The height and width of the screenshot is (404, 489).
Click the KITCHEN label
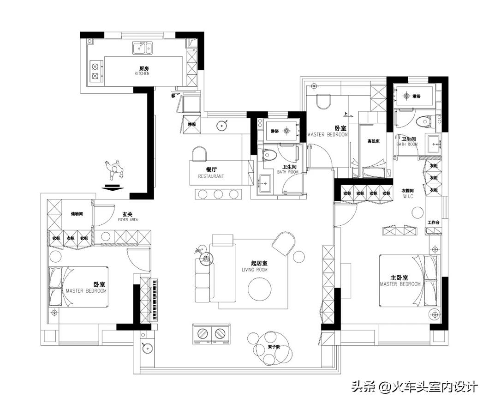point(142,73)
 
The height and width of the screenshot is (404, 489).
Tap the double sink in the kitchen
point(143,47)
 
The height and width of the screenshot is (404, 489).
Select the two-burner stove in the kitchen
point(95,70)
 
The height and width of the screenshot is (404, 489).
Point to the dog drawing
point(114,169)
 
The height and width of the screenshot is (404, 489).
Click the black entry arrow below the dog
point(113,187)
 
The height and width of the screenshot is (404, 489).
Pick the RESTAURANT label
point(211,176)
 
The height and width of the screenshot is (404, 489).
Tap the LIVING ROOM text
point(255,270)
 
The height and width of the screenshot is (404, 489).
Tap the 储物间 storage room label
point(77,214)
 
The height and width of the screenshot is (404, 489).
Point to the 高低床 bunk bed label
point(373,141)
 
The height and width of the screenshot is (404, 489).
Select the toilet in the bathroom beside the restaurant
point(269,154)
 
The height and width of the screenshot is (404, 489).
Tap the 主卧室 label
point(400,277)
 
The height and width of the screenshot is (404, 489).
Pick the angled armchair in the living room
point(284,243)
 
